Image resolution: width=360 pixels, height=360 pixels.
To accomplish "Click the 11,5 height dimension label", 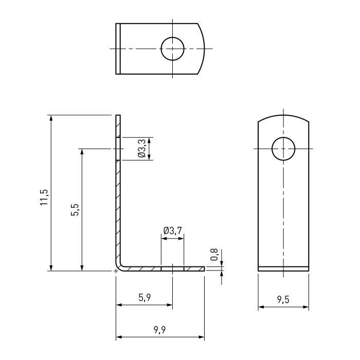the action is pyautogui.click(x=44, y=197).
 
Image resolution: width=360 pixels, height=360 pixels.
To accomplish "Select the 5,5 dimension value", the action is pyautogui.click(x=75, y=210).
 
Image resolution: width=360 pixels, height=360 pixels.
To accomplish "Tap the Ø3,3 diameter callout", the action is pyautogui.click(x=142, y=149).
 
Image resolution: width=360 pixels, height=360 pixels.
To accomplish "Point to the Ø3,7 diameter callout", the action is pyautogui.click(x=173, y=230).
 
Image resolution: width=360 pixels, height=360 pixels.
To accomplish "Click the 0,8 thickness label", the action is pyautogui.click(x=214, y=255).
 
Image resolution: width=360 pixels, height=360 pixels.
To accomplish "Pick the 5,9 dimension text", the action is pyautogui.click(x=145, y=298).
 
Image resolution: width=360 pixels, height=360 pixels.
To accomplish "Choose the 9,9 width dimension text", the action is pyautogui.click(x=160, y=330).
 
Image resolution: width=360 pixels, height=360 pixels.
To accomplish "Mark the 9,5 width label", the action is pyautogui.click(x=283, y=300).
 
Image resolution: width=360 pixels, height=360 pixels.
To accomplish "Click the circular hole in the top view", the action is pyautogui.click(x=172, y=37).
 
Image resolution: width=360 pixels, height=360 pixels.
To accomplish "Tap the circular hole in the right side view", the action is pyautogui.click(x=283, y=137).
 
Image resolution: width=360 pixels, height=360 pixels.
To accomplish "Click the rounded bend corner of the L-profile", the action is pyautogui.click(x=118, y=268).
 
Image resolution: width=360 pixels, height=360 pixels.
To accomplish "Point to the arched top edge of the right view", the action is pyautogui.click(x=283, y=115).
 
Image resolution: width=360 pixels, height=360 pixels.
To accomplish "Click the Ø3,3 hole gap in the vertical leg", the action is pyautogui.click(x=118, y=149).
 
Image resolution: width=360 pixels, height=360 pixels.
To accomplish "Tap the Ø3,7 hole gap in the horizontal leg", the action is pyautogui.click(x=172, y=269).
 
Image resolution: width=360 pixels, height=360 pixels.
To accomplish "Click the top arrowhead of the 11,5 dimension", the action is pyautogui.click(x=51, y=118).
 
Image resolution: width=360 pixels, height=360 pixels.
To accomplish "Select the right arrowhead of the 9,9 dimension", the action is pyautogui.click(x=202, y=337).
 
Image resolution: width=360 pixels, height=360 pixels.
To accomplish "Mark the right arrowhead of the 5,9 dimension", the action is pyautogui.click(x=169, y=305).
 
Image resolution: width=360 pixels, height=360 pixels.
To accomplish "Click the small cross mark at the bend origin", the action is pyautogui.click(x=116, y=271).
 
